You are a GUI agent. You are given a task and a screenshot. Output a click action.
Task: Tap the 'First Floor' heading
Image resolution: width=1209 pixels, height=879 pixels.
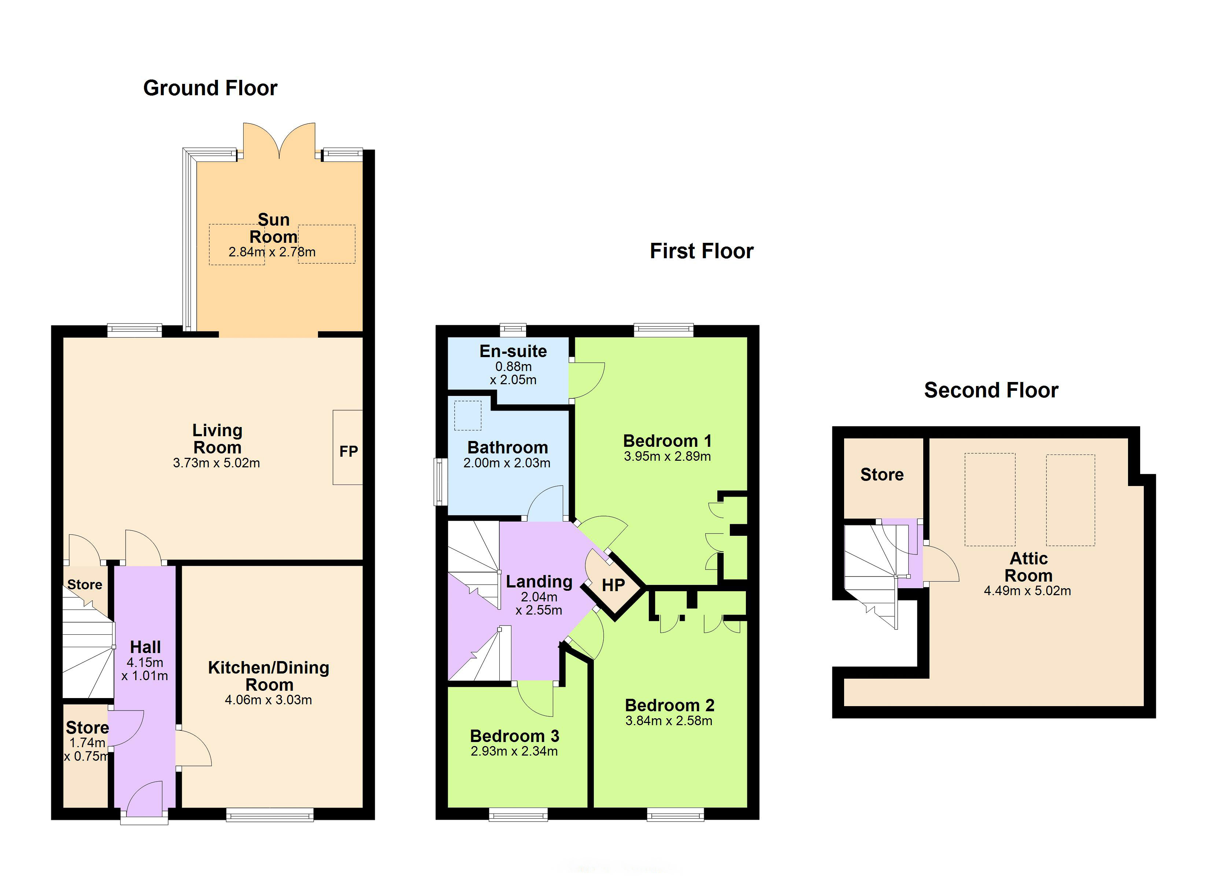tap(702, 251)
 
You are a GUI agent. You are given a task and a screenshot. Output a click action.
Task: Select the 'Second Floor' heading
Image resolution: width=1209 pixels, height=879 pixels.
tap(991, 390)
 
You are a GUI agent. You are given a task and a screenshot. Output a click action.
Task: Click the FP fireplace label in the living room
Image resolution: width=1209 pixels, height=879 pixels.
tap(349, 452)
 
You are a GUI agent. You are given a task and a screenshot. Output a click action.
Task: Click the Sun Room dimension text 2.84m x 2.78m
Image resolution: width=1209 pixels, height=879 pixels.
tap(272, 252)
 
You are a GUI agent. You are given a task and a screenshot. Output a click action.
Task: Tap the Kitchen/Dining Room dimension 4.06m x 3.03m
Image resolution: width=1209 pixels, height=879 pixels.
tap(268, 700)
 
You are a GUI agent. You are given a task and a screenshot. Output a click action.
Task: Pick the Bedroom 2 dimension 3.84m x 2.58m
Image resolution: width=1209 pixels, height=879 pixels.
tap(669, 721)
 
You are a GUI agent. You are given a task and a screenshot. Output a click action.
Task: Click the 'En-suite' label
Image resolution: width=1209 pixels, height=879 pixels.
tap(513, 351)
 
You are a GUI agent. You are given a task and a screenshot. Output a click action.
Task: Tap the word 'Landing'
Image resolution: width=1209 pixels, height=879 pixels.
tap(539, 582)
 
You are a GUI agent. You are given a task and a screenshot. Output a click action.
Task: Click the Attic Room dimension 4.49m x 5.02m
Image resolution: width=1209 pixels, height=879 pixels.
tap(1027, 591)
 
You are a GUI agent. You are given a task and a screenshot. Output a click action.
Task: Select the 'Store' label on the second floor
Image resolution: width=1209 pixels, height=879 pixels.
tap(882, 474)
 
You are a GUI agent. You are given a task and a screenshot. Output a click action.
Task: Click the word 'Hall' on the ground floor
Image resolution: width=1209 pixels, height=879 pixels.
tap(145, 647)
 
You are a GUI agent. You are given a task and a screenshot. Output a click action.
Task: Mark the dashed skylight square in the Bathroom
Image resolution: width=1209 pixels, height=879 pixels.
tap(467, 415)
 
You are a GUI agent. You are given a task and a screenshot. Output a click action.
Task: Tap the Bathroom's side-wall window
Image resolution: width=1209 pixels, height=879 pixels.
tap(440, 482)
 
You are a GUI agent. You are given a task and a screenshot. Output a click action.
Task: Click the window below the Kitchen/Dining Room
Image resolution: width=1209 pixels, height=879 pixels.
tap(270, 814)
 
